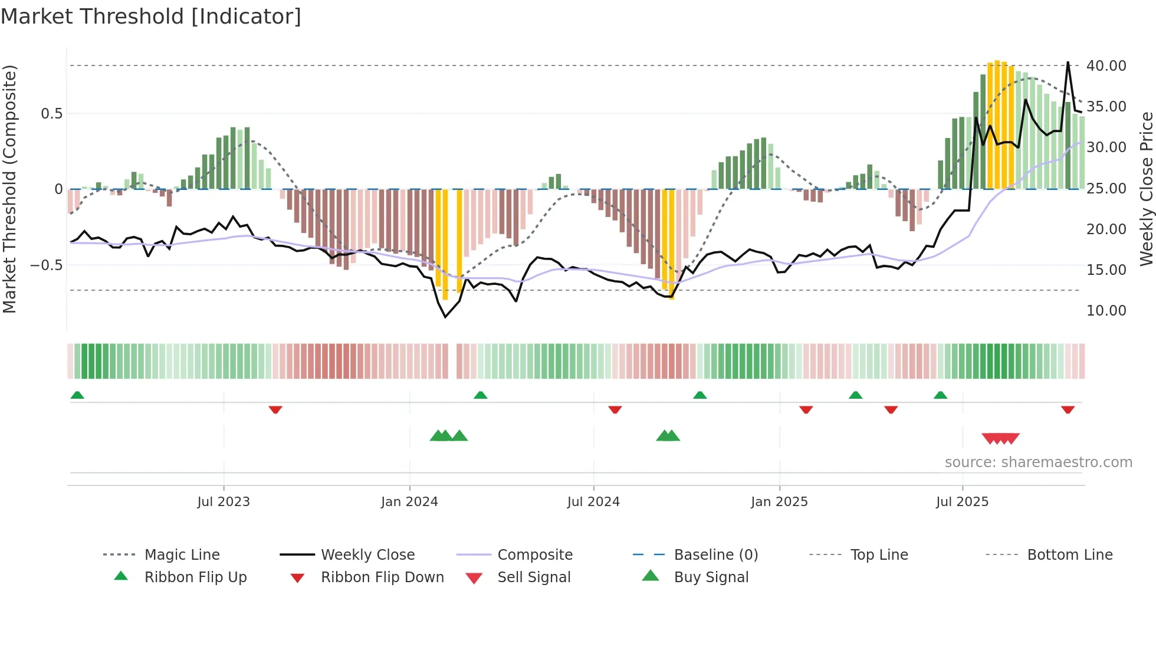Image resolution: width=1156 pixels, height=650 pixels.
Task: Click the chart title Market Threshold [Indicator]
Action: click(x=151, y=17)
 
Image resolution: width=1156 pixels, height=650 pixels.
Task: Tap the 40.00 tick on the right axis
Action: click(x=1106, y=65)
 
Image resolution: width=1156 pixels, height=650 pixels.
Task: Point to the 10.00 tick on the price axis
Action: click(x=1106, y=310)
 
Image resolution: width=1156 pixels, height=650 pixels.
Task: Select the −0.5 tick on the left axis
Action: click(x=47, y=265)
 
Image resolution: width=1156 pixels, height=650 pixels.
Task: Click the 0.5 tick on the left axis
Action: click(x=51, y=113)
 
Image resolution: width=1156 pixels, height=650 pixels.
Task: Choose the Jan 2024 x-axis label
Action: click(x=409, y=502)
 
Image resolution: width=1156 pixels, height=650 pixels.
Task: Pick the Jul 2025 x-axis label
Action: click(x=962, y=502)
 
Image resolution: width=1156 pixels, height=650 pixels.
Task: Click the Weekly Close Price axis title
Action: click(x=1146, y=189)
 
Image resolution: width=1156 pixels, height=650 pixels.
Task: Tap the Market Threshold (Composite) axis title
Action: click(x=9, y=189)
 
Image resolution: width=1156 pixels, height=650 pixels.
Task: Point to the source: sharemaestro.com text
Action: click(x=1038, y=462)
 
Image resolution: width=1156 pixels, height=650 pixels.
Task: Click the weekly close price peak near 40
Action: click(x=1068, y=62)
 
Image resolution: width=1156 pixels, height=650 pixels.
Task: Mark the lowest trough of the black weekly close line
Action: click(x=445, y=317)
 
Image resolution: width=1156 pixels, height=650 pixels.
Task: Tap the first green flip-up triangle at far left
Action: click(x=77, y=395)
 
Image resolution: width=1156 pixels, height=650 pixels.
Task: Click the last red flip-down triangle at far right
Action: click(x=1068, y=409)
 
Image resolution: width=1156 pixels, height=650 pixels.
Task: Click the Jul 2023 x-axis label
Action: click(x=224, y=502)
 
